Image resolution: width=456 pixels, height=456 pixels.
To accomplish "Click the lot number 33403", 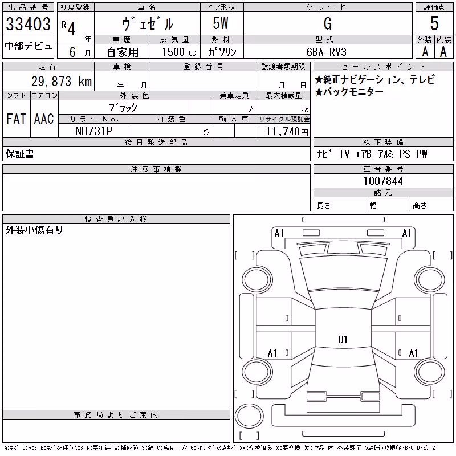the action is pos(28,24).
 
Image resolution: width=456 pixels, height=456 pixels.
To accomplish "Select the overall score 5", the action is pos(434,23).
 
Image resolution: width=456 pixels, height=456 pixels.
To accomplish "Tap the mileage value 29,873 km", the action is pos(62,81).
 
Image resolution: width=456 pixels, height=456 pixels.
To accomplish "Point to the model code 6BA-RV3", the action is pos(327,52).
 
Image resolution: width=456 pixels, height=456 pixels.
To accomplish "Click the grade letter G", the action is pos(327,23).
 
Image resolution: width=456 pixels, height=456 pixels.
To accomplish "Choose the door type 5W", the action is pos(221,23).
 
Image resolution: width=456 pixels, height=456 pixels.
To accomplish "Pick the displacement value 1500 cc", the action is pos(179,52).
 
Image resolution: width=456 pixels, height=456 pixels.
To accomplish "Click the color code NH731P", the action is pos(93,131).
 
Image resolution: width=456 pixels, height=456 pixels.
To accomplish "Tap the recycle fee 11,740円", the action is pos(287,132).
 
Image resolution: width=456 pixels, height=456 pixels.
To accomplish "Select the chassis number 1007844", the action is pos(383,181).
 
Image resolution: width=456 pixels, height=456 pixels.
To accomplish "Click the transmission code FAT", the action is pos(16,119).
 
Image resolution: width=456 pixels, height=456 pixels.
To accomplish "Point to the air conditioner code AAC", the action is pos(44,119).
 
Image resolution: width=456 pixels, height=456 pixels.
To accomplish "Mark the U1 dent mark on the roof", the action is pos(343,339).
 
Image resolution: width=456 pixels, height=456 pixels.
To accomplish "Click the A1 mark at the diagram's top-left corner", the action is pos(279,233).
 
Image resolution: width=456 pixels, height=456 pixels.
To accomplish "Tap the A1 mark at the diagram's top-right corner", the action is pos(406,233).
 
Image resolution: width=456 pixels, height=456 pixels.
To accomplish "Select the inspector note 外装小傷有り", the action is pos(34,230).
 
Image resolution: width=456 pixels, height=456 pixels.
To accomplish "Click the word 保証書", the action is pos(20,154).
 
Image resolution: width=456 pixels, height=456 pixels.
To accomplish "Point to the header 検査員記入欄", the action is pos(116,219).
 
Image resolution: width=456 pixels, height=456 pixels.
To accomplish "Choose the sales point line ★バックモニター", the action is pos(349,92).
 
